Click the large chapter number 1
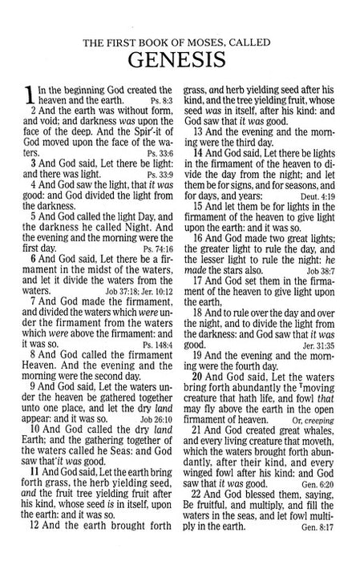coord(29,95)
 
